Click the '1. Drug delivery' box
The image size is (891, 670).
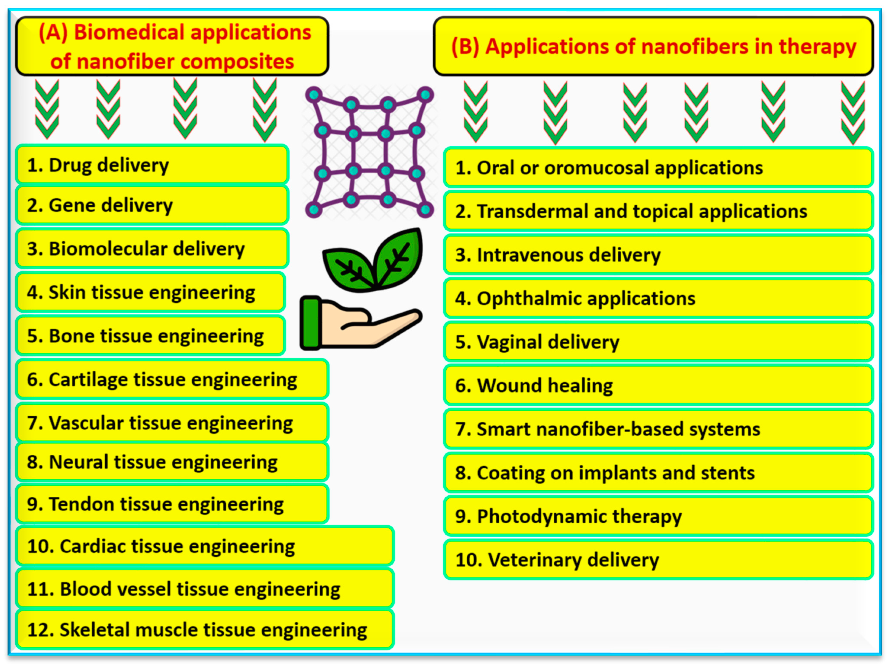click(x=152, y=165)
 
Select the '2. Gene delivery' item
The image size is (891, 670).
click(x=152, y=205)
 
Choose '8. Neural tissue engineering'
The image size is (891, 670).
click(x=172, y=462)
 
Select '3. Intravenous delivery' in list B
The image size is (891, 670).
click(x=658, y=255)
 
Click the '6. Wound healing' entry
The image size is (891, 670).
click(x=658, y=385)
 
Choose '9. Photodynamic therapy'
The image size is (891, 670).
click(x=658, y=516)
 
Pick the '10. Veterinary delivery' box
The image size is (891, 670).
click(x=658, y=560)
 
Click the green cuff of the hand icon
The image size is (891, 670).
click(x=311, y=323)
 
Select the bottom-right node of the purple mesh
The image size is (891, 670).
click(x=425, y=209)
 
